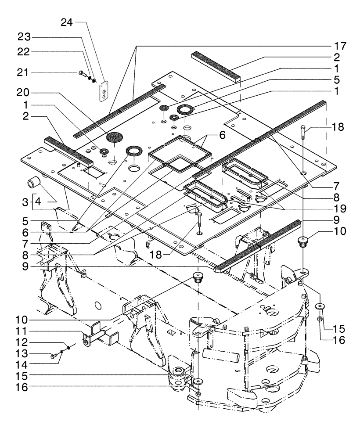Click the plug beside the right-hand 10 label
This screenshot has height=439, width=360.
pyautogui.click(x=302, y=241)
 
